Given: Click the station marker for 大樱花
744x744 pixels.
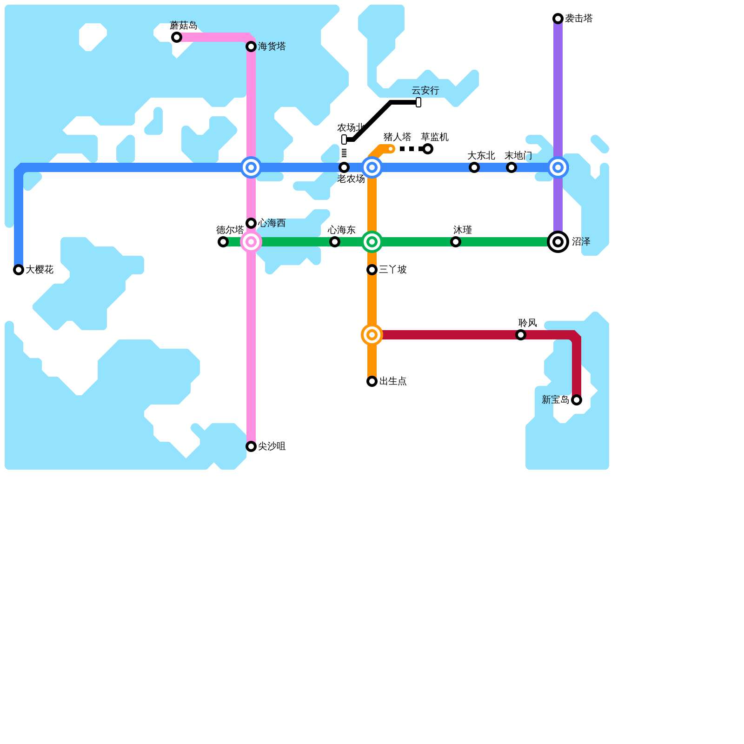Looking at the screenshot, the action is (19, 270).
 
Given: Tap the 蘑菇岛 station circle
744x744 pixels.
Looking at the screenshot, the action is (177, 37).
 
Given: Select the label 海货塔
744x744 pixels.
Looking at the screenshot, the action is (272, 46).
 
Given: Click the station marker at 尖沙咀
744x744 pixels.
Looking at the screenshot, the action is (251, 446).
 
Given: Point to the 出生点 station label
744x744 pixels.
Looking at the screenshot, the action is (393, 381).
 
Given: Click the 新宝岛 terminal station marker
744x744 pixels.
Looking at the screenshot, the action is (577, 400).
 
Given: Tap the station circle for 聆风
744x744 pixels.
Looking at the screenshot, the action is (521, 335).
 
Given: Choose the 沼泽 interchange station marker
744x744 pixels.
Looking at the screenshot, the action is (558, 242).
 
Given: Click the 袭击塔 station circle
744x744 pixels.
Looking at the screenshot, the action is (558, 19).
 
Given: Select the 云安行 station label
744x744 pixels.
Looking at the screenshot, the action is (425, 91).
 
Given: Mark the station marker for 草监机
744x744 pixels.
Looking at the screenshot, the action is (428, 149).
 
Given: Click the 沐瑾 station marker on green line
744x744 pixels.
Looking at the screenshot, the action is (456, 242).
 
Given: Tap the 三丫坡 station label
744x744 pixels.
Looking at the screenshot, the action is (393, 270).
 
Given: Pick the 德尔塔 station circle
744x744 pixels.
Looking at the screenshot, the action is (223, 242).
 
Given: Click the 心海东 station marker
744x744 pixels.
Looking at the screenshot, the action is (335, 242).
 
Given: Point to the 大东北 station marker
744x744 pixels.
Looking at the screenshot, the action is (474, 167).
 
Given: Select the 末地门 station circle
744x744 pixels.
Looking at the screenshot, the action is (511, 167).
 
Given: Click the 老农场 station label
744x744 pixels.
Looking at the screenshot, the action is (351, 179).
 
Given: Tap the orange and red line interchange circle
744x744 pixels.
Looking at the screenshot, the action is (372, 335).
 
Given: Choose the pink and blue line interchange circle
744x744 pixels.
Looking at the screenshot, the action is (251, 167).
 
